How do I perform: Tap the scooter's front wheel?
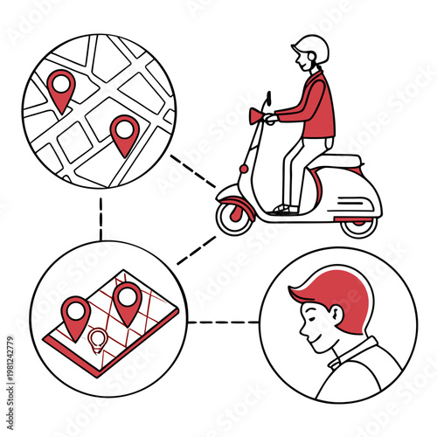tap(235, 215)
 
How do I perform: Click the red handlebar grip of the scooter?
tap(256, 114)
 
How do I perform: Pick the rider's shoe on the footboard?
tap(281, 209)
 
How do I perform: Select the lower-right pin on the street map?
tap(125, 133)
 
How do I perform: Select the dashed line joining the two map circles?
tap(101, 218)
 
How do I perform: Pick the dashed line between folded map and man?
tap(223, 322)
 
